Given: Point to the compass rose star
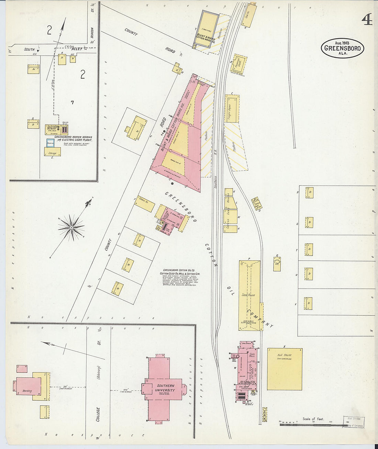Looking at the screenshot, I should pos(71,227).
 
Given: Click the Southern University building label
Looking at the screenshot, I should pos(165,388).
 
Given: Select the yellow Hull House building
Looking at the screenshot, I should pos(285,369).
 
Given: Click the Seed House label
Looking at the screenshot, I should pos(248,295).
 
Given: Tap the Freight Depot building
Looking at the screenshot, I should pos(232,109).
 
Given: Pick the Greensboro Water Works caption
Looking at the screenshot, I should pos(73,139).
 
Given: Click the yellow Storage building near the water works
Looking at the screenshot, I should pos(53,152).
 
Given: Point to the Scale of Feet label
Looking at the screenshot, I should pos(313,419).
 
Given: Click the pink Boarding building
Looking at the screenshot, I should pos(28,386).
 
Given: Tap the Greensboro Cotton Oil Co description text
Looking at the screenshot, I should pos(180,277).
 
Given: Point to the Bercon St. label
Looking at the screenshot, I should pos(92,33).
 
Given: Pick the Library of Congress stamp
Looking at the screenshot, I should pos(354,422).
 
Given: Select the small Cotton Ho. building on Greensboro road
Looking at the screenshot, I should pos(144,204).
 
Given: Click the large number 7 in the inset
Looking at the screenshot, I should pos(72,102).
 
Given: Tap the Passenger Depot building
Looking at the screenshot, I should pos(240,63).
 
